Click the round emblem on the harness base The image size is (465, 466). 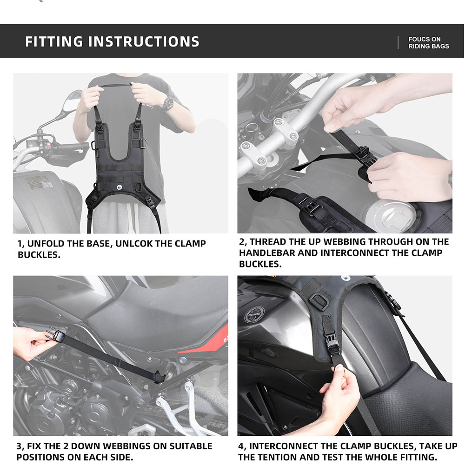coord(120,186)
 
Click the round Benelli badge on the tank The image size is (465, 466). coord(254,314)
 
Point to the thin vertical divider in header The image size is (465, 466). coord(398,42)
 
